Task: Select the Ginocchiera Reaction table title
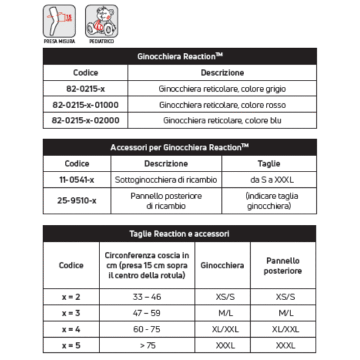tap(179, 56)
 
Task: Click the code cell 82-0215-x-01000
tap(85, 104)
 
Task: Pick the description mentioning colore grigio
tap(222, 89)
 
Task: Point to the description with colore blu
tap(222, 120)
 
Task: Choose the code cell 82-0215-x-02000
tap(85, 120)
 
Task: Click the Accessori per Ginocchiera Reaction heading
tap(179, 147)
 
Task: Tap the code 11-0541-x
tap(77, 179)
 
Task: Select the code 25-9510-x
tap(77, 201)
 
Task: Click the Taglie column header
tap(268, 163)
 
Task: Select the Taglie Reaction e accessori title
tap(179, 233)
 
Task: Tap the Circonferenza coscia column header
tap(146, 265)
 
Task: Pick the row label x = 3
tap(71, 313)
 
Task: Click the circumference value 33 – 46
tap(146, 297)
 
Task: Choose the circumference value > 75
tap(146, 346)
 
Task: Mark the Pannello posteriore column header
tap(283, 265)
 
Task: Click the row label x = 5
tap(71, 346)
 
